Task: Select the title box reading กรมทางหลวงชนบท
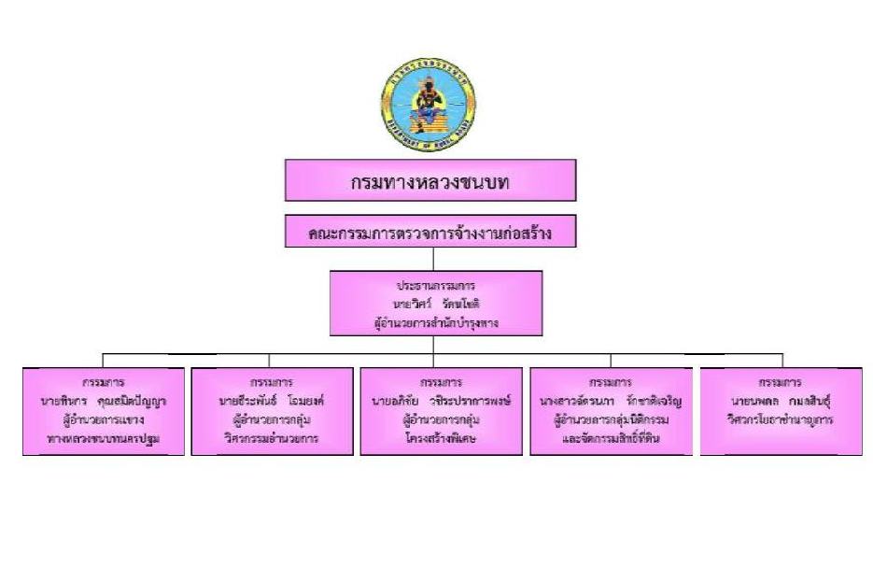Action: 429,180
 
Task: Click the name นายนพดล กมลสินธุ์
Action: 781,402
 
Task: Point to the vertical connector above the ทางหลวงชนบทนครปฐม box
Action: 103,361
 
